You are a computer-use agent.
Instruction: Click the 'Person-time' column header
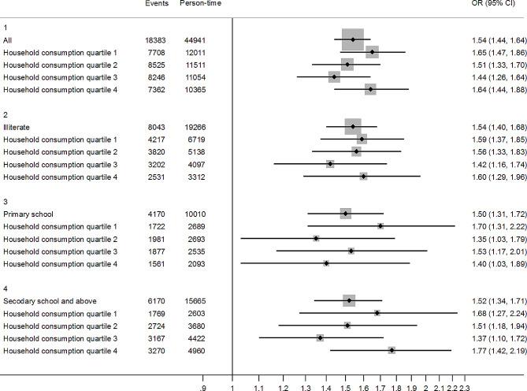click(203, 4)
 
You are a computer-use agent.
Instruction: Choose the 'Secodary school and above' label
click(50, 301)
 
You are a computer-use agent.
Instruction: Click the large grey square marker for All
click(353, 39)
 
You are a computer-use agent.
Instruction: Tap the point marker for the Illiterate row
click(353, 126)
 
